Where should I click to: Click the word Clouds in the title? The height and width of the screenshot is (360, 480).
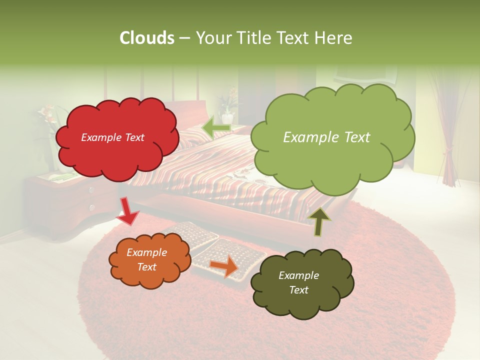coord(146,38)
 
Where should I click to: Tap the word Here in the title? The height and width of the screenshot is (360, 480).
coord(333,38)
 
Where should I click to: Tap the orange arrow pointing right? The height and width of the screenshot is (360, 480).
coord(224,266)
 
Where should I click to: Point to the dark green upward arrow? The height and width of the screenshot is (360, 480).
coord(319,221)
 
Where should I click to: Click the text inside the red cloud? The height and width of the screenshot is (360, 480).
coord(112,137)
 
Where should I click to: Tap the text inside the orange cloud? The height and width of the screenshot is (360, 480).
coord(146,259)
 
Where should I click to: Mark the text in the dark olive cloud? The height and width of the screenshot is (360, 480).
coord(298,282)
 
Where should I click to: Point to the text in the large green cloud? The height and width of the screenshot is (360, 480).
coord(326,137)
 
